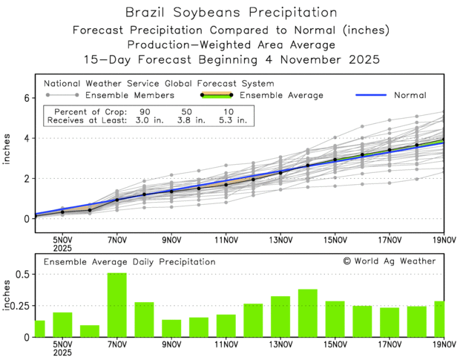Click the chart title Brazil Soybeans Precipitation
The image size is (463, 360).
point(231,13)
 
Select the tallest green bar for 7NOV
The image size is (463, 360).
point(116,305)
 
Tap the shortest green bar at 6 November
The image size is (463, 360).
point(90,331)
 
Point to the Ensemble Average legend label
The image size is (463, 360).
point(283,95)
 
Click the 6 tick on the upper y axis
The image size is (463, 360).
point(25,98)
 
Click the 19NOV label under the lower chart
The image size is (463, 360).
point(443,346)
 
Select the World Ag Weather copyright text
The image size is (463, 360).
point(390,261)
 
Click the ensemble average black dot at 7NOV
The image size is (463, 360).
point(117,200)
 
